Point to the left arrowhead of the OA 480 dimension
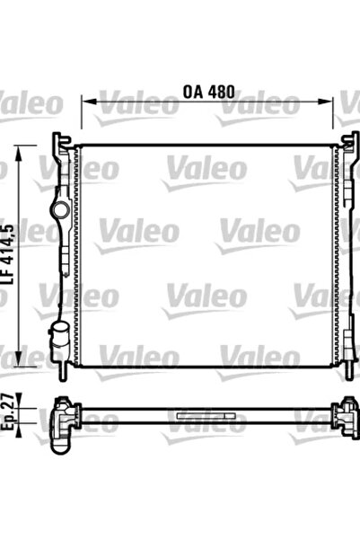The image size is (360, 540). [x=86, y=102]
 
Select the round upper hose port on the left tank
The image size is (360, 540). [x=60, y=210]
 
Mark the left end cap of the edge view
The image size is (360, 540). [x=65, y=414]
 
